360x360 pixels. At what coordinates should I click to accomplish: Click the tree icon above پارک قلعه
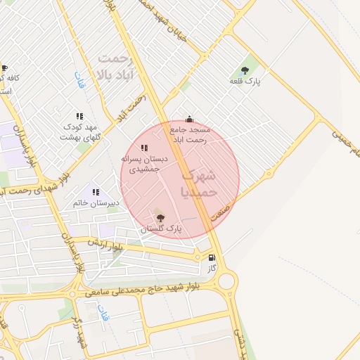click(245, 70)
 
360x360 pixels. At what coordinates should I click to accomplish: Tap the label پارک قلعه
click(245, 82)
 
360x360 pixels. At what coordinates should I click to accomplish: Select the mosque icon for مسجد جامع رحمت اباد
click(188, 119)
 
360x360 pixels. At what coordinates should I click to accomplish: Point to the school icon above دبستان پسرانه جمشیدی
click(144, 148)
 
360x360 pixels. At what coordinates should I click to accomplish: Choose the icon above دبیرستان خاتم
click(96, 192)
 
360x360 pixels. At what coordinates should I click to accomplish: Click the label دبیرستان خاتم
click(96, 203)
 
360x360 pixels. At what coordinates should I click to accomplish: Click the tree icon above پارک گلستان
click(160, 218)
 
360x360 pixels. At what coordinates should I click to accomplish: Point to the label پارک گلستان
click(160, 229)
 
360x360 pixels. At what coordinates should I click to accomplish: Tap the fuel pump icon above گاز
click(212, 258)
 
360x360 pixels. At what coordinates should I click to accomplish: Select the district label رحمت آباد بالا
click(116, 65)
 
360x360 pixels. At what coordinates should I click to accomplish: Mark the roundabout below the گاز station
click(226, 282)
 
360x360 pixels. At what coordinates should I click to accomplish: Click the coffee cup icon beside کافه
click(5, 68)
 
